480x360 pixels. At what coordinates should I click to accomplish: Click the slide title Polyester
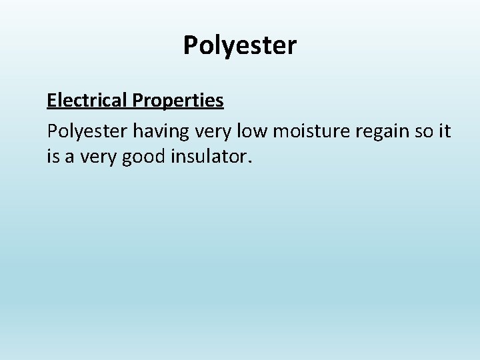click(239, 46)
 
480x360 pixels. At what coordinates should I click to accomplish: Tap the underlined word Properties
click(178, 100)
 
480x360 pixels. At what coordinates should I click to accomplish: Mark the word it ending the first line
click(444, 131)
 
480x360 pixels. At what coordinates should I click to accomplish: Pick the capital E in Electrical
click(51, 100)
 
